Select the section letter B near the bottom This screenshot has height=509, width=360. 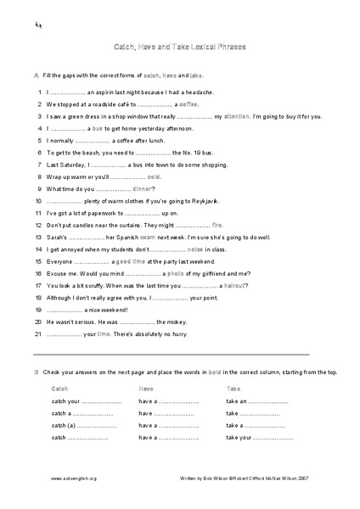point(35,373)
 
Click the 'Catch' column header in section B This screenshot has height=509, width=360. point(60,388)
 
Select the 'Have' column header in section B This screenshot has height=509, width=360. point(146,388)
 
